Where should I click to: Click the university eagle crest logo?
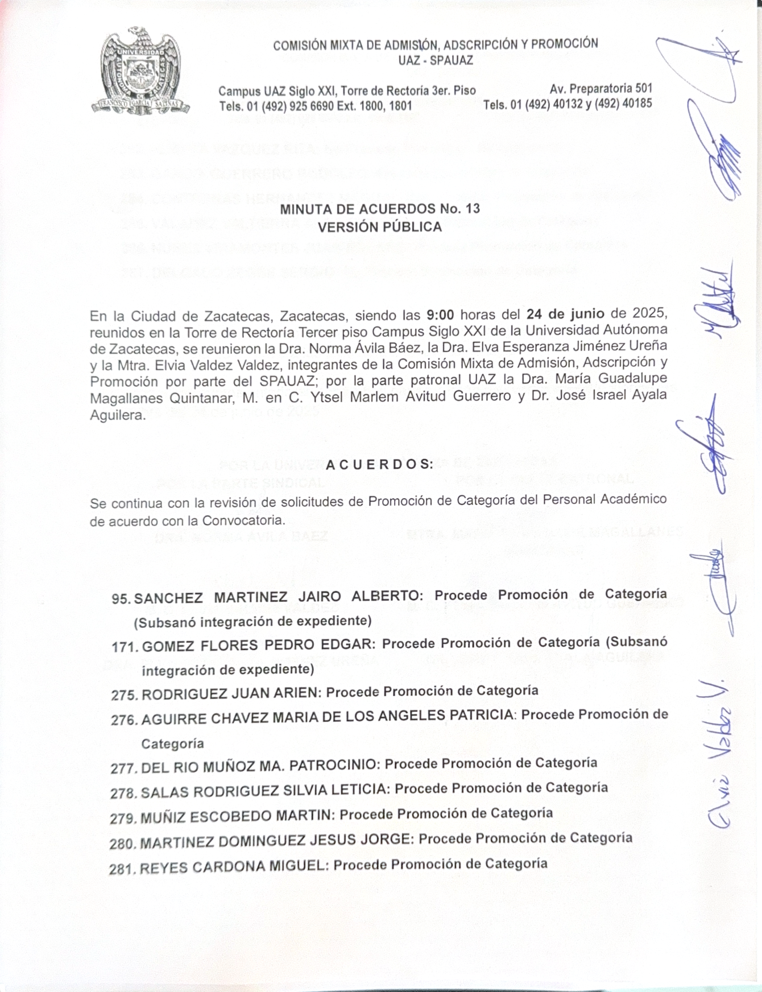(140, 71)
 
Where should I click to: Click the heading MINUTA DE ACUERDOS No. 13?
(380, 209)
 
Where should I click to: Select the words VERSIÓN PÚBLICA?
(380, 227)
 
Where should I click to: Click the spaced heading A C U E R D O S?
(380, 465)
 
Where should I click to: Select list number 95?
(121, 599)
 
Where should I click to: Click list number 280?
(123, 843)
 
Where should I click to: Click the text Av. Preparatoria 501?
(601, 89)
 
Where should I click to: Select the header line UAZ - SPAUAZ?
(436, 60)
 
